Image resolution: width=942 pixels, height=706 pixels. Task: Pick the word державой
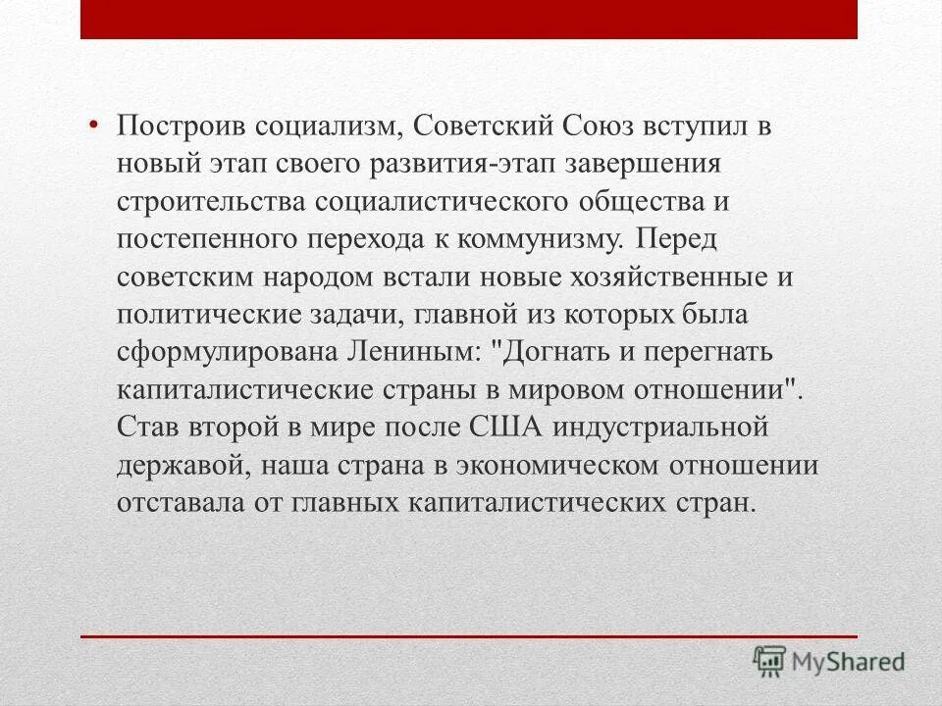(x=183, y=466)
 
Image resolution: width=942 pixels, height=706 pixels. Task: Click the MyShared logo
(x=829, y=660)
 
